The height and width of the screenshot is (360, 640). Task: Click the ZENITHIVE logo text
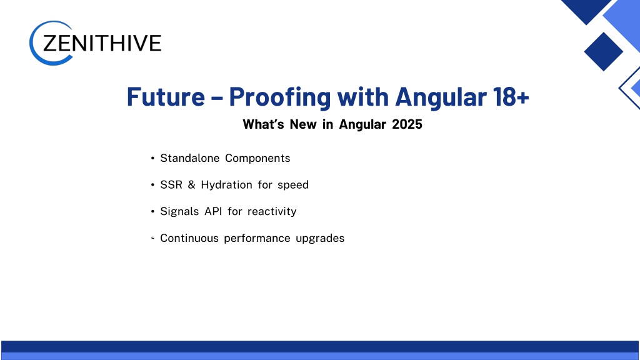[x=102, y=43]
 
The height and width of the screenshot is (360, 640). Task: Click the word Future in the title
[x=166, y=97]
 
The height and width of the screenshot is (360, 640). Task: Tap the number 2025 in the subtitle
[x=407, y=124]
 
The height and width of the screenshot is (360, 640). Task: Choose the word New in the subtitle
[x=303, y=124]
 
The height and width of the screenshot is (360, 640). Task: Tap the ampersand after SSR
[x=191, y=185]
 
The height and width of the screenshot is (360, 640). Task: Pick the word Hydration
[x=226, y=185]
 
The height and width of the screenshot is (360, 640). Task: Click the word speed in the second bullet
[x=293, y=185]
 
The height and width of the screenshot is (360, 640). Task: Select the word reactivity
[x=272, y=212]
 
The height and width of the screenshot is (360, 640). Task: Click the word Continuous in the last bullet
[x=189, y=238]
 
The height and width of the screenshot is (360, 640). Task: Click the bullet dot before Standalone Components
[x=152, y=158]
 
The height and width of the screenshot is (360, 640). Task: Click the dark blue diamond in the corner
[x=603, y=51]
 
